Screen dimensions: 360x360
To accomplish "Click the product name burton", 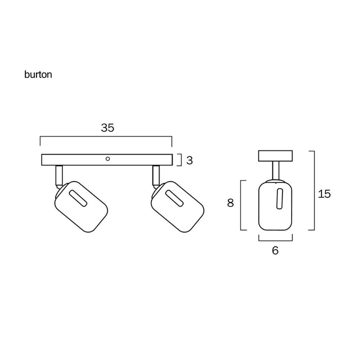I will click(x=38, y=75).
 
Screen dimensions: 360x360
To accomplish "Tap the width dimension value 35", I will click(x=107, y=128).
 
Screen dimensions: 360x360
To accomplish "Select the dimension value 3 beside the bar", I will click(x=189, y=160).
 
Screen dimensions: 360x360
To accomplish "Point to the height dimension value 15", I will click(x=324, y=194).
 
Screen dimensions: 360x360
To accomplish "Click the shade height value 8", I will click(x=230, y=203).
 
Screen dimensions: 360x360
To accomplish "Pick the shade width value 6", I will click(x=275, y=250).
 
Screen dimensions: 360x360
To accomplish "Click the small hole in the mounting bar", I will click(x=107, y=159).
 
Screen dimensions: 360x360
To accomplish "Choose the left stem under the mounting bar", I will click(x=58, y=174).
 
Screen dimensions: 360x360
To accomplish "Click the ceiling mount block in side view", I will click(x=275, y=155).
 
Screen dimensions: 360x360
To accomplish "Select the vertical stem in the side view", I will click(x=275, y=170).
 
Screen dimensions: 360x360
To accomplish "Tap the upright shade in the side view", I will click(x=275, y=205).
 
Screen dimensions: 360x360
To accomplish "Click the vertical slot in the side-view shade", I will click(x=279, y=199).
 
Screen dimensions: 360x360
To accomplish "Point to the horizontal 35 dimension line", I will click(x=106, y=136).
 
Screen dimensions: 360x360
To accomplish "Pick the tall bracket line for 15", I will click(x=313, y=190).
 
